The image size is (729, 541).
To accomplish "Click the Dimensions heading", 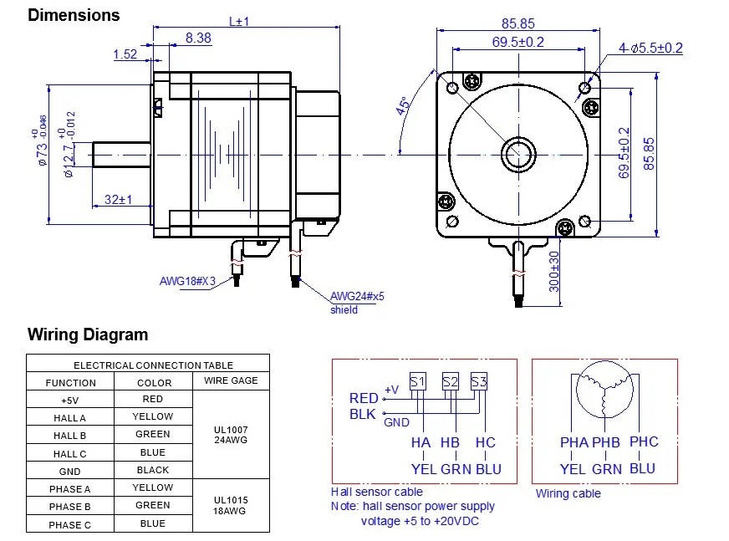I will tap(74, 15).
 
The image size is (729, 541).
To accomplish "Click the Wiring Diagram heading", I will tap(88, 334).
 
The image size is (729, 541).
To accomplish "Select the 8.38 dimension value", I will tap(198, 38).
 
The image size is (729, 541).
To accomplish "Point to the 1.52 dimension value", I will tap(125, 54).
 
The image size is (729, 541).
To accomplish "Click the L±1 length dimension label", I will tap(239, 21).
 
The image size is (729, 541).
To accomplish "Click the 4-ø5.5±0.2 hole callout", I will tap(650, 48).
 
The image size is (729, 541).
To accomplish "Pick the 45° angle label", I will tap(404, 105).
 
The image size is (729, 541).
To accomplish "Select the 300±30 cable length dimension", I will tap(553, 272).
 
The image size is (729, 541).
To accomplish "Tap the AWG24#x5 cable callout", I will tap(357, 296).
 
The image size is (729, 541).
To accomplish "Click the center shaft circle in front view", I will tap(519, 155).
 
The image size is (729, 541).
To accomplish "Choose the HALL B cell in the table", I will tap(70, 436).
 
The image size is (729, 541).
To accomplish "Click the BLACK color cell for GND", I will tap(152, 470).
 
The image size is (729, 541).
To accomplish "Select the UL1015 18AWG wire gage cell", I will tap(231, 505).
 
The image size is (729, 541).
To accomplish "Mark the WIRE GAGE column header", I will tap(231, 380).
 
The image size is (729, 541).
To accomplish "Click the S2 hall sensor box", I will tap(451, 381).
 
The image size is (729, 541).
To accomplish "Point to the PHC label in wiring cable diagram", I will tap(644, 441).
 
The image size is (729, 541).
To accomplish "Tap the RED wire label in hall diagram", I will tap(364, 398).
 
